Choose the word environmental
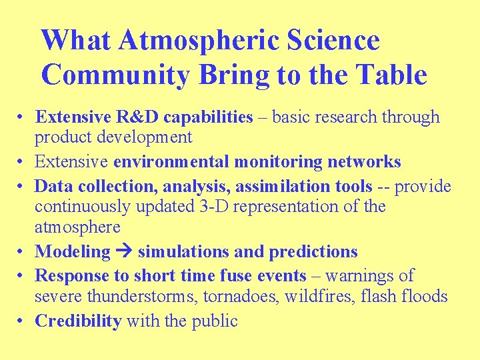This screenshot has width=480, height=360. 167,162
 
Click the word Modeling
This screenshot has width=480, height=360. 72,251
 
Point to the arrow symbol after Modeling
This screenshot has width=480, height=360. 125,252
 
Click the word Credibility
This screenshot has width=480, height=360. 78,321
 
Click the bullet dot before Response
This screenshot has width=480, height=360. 22,276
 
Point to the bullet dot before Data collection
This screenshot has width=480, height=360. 22,187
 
